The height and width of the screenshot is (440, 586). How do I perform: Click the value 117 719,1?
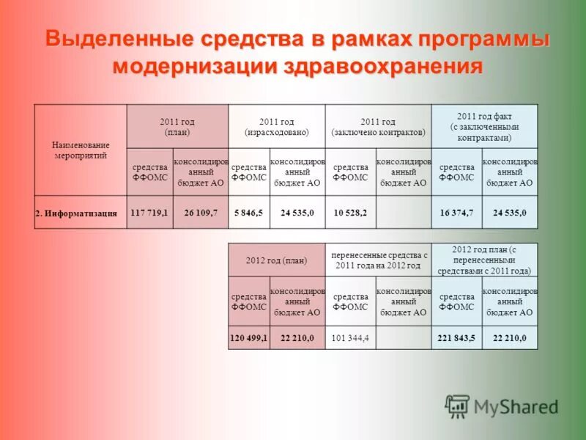pos(149,212)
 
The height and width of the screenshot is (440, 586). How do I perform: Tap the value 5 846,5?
pos(248,212)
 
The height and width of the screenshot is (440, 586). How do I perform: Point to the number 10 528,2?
pos(350,212)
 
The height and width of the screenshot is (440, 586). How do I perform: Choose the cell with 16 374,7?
pos(456,212)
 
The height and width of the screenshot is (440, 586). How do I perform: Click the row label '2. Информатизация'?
pos(76,213)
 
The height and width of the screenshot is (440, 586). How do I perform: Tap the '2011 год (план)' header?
pos(177,126)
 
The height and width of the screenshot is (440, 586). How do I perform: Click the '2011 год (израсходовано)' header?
pos(276,126)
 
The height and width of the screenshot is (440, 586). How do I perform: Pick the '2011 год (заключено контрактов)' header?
pos(378,126)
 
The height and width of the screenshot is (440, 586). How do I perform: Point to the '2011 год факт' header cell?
pos(484,126)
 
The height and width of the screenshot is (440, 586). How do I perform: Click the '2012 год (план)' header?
pos(276,260)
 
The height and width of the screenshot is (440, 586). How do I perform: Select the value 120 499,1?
pos(249,337)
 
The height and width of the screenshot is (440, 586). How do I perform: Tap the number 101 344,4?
pos(350,337)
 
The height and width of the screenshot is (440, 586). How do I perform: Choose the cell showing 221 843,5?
pos(456,337)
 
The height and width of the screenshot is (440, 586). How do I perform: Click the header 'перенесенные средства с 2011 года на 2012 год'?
pos(378,260)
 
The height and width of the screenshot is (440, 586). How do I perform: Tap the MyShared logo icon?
pos(457,406)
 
